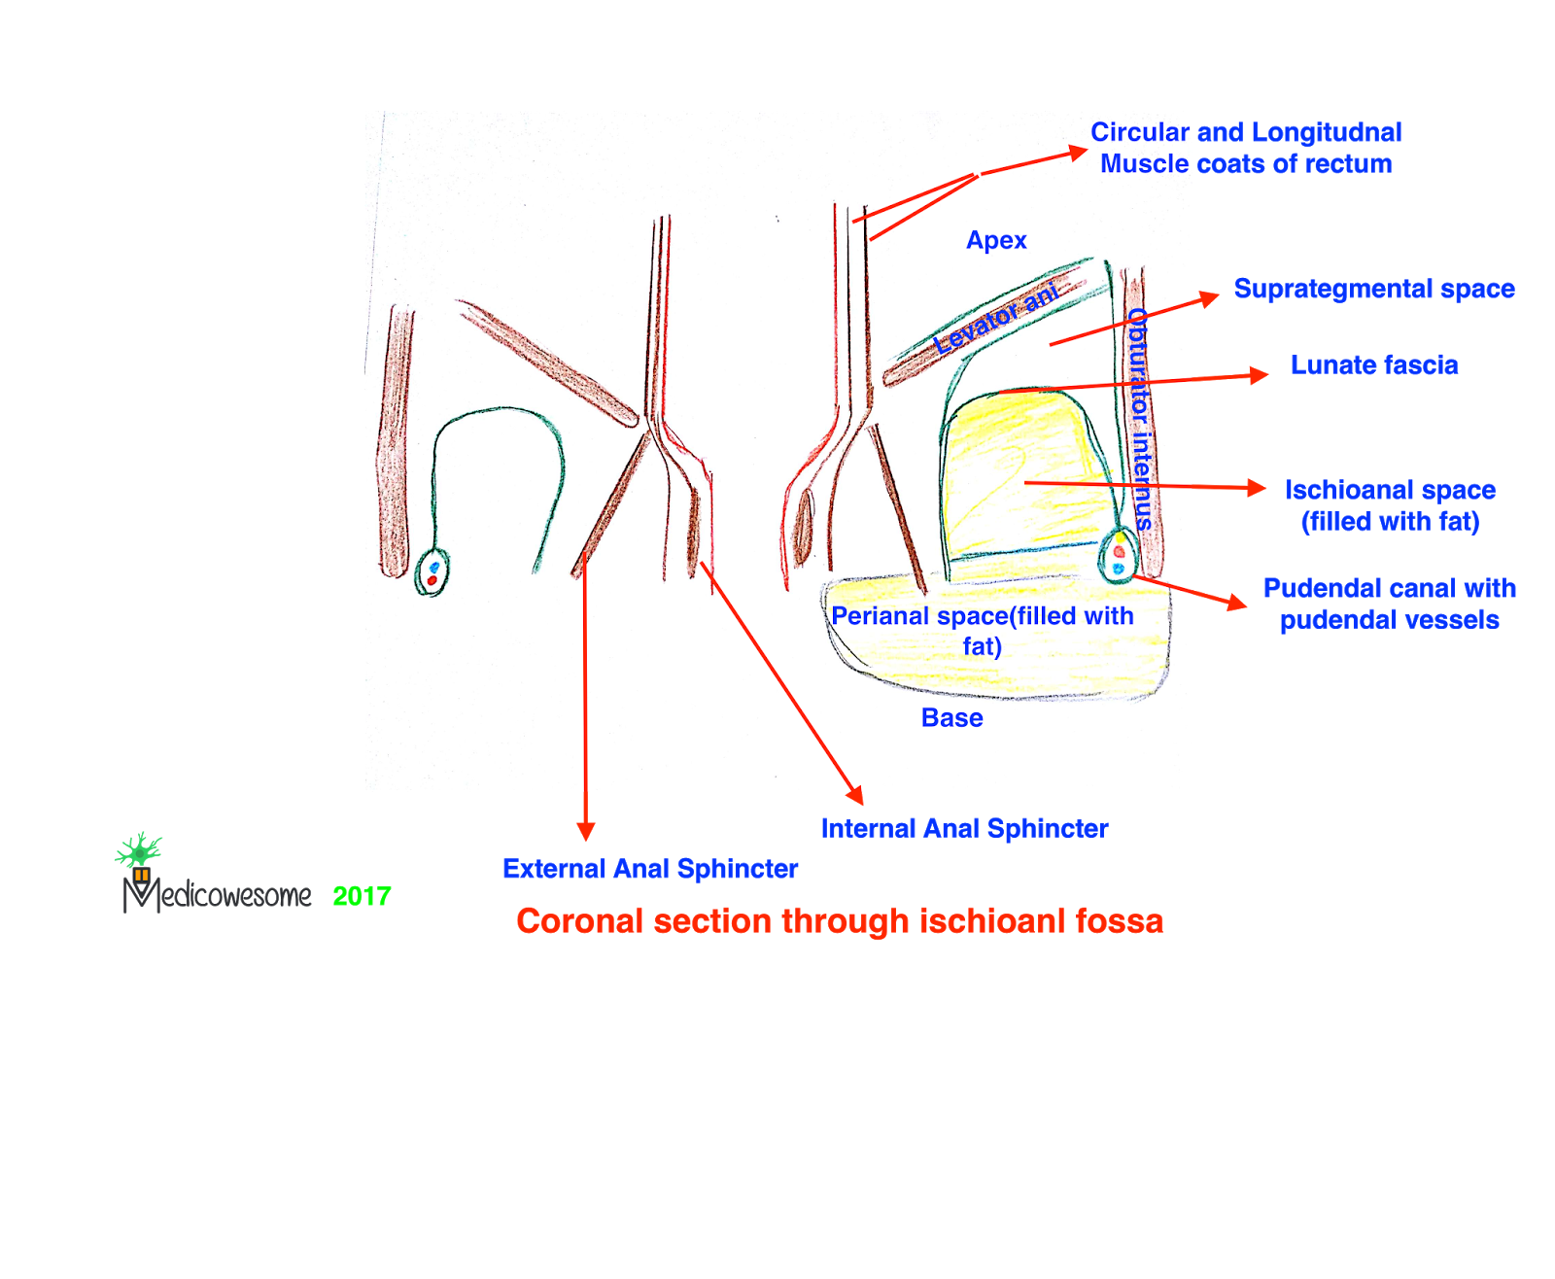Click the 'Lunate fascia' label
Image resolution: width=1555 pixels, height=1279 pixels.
(1373, 365)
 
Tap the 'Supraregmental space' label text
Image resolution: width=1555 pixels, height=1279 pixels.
(1373, 289)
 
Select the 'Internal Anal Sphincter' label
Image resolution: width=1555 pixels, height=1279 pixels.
(964, 829)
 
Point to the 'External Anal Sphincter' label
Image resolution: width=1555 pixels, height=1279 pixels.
(649, 869)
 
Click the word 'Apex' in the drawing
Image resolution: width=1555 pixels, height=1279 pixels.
(996, 240)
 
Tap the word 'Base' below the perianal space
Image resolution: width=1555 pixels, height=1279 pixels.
(951, 718)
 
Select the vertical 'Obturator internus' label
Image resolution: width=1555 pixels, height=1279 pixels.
(1139, 418)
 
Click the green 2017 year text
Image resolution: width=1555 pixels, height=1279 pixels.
(362, 896)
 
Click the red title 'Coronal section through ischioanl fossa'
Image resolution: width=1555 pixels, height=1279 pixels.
(840, 921)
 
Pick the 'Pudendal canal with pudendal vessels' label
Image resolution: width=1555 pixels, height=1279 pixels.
(1389, 605)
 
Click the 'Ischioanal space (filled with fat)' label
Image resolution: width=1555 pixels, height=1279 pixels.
(1390, 505)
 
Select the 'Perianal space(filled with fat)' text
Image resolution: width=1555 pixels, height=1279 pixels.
(982, 631)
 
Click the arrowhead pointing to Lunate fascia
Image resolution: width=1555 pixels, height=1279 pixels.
(1260, 374)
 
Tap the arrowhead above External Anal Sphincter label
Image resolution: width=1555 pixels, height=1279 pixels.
(585, 830)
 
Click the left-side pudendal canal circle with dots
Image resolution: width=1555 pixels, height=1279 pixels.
(432, 572)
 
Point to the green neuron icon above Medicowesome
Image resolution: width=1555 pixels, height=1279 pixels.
(139, 850)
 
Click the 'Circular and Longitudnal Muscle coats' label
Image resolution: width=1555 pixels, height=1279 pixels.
(1245, 148)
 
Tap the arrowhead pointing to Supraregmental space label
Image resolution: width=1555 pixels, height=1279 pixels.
(1210, 296)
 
